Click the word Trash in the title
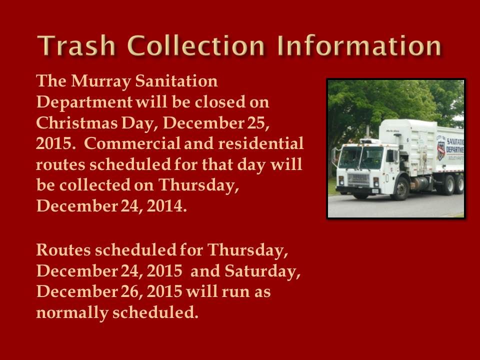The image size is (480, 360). pyautogui.click(x=76, y=45)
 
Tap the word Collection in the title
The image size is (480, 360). pyautogui.click(x=195, y=45)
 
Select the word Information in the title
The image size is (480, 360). pyautogui.click(x=359, y=45)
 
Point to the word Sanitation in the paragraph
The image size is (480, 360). pyautogui.click(x=176, y=81)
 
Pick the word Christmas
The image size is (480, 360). pyautogui.click(x=77, y=123)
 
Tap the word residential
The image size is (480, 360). pyautogui.click(x=260, y=143)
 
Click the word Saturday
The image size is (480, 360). pyautogui.click(x=262, y=271)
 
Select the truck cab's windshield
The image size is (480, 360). pyautogui.click(x=360, y=157)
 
